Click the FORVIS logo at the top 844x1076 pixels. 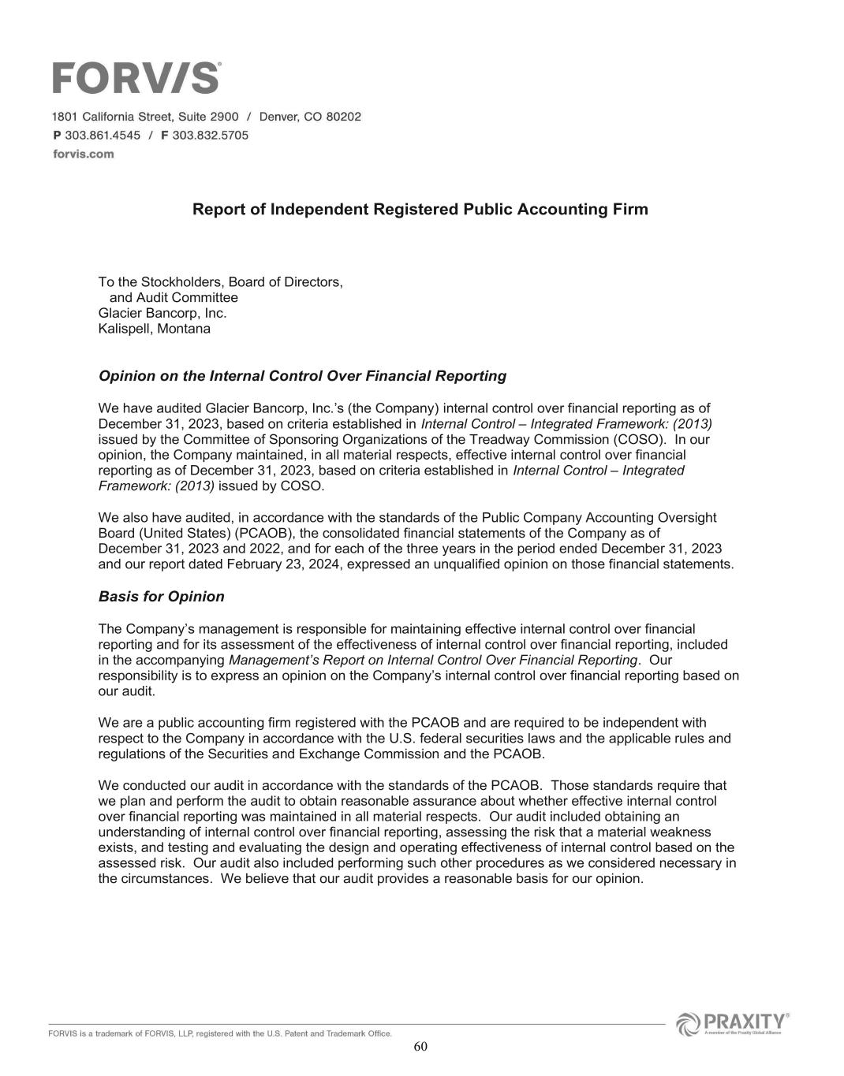(136, 78)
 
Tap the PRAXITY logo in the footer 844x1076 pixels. (733, 1024)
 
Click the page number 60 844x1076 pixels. (420, 1046)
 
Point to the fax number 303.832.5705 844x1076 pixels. (210, 135)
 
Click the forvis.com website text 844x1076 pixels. (83, 154)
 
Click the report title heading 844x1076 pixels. (420, 210)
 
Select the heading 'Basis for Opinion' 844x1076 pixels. (161, 597)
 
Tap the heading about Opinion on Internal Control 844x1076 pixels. (302, 376)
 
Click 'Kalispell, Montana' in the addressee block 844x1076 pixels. (154, 329)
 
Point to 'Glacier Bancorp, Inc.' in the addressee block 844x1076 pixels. (162, 313)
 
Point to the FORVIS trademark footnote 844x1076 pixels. (220, 1033)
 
